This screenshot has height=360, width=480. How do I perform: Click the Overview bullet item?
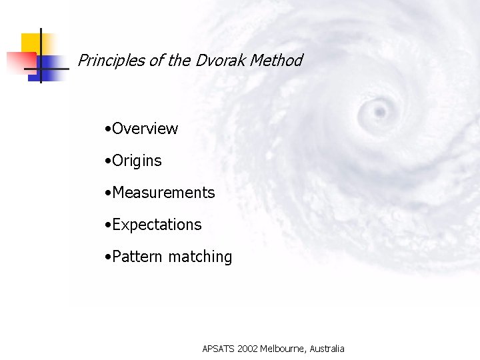point(145,129)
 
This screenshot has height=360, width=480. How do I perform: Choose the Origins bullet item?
point(137,161)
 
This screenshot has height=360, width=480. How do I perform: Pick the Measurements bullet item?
point(163,193)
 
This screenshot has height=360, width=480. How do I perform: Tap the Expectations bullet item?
point(157,225)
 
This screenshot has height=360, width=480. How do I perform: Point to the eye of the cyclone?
point(380,109)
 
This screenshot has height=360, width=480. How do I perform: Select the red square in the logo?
point(17,61)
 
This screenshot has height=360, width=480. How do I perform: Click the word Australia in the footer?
point(327,349)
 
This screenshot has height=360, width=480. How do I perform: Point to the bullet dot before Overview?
point(108,129)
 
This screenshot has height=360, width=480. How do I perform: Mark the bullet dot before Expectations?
point(108,225)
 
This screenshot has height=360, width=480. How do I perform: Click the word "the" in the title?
point(179,61)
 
